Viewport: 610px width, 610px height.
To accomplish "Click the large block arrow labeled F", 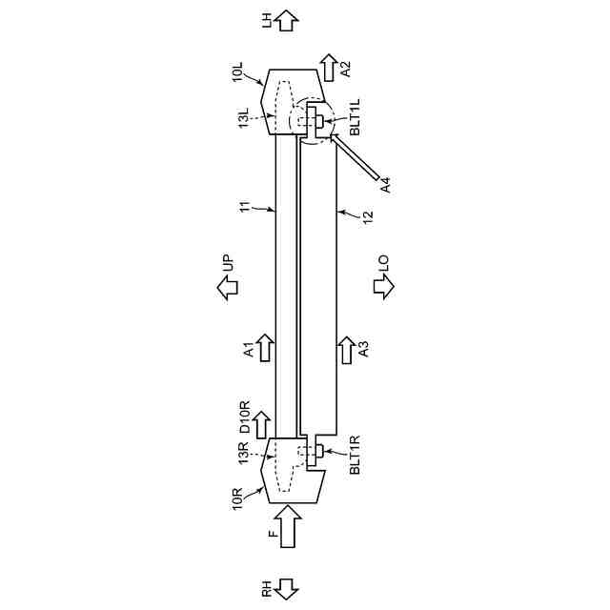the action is click(x=288, y=526).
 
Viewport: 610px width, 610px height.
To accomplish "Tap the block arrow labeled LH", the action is click(x=287, y=21).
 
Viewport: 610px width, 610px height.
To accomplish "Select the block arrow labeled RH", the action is click(x=287, y=589).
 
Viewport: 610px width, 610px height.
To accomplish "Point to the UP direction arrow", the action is click(x=228, y=288).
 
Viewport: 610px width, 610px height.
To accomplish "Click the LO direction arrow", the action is click(x=383, y=287).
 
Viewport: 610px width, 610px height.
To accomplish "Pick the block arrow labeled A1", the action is click(x=265, y=348).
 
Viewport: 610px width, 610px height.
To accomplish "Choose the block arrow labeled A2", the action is click(x=330, y=68).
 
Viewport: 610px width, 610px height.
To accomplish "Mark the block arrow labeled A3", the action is click(x=347, y=350).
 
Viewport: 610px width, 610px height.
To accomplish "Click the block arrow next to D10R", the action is click(x=262, y=425).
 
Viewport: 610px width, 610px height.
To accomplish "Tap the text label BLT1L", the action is click(x=355, y=117).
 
